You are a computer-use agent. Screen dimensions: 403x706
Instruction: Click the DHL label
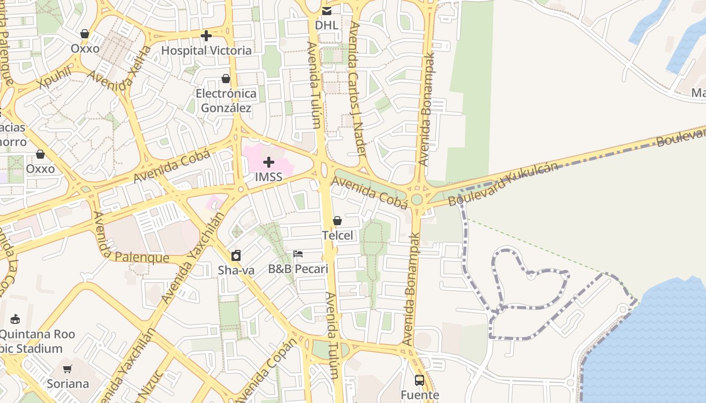pyautogui.click(x=326, y=25)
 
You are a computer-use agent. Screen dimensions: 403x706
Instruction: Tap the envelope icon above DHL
pyautogui.click(x=327, y=11)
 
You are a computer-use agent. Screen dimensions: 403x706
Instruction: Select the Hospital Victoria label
pyautogui.click(x=206, y=50)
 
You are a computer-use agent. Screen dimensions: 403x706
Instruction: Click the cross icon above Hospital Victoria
pyautogui.click(x=206, y=36)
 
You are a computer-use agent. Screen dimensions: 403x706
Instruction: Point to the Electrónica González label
pyautogui.click(x=226, y=100)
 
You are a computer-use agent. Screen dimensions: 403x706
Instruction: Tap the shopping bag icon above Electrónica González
pyautogui.click(x=226, y=79)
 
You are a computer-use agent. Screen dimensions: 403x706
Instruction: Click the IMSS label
pyautogui.click(x=268, y=177)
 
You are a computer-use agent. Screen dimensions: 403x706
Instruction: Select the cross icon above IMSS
pyautogui.click(x=268, y=162)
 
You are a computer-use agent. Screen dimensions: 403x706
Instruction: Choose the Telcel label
pyautogui.click(x=337, y=235)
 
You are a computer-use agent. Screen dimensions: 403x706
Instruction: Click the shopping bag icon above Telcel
pyautogui.click(x=337, y=221)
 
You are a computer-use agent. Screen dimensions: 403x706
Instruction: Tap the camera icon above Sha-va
pyautogui.click(x=236, y=255)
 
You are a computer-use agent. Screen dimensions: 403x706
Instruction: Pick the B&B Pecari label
pyautogui.click(x=298, y=268)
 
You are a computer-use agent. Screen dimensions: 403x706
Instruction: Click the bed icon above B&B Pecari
pyautogui.click(x=298, y=254)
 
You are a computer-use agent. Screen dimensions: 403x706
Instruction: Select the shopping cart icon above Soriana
pyautogui.click(x=68, y=369)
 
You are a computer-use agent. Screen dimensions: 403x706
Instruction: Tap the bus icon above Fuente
pyautogui.click(x=420, y=380)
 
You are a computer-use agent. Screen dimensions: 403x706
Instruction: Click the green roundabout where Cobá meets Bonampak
pyautogui.click(x=417, y=199)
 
